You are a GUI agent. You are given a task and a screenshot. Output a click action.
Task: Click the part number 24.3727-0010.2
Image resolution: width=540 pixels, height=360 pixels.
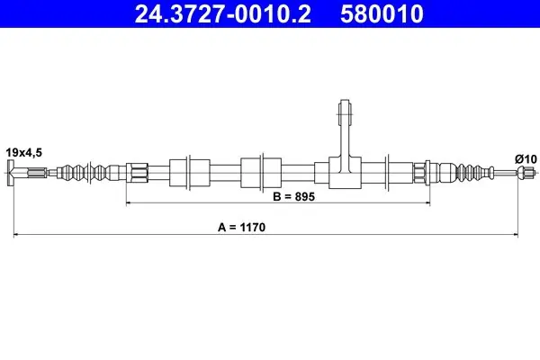pyautogui.click(x=223, y=13)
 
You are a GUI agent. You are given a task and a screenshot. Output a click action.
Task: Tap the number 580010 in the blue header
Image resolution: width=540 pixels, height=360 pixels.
pyautogui.click(x=382, y=13)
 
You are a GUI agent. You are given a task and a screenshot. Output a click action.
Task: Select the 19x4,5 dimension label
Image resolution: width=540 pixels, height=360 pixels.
pyautogui.click(x=23, y=152)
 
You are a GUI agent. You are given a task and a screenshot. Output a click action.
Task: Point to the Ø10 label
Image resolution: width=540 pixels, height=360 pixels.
pyautogui.click(x=526, y=159)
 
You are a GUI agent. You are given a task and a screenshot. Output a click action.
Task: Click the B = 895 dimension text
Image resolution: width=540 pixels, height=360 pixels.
pyautogui.click(x=293, y=197)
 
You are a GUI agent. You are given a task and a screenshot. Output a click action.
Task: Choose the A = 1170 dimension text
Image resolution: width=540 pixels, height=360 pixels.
pyautogui.click(x=242, y=228)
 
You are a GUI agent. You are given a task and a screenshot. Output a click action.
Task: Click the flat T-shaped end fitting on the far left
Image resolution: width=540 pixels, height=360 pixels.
pyautogui.click(x=11, y=173)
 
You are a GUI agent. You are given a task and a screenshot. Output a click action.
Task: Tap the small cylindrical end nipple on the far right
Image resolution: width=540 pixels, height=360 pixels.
pyautogui.click(x=526, y=172)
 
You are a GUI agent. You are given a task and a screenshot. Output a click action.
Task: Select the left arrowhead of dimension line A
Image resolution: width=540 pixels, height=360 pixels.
pyautogui.click(x=16, y=235)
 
